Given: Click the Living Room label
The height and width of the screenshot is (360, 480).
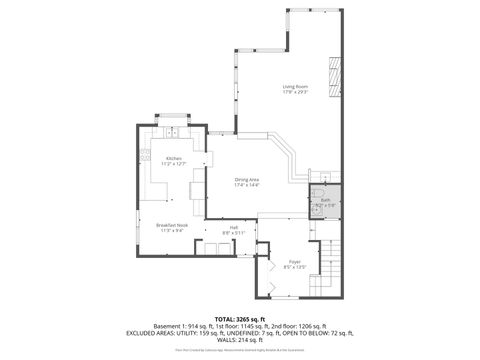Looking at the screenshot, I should click(294, 87).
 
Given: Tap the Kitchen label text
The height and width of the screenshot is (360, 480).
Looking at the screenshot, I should click(174, 159).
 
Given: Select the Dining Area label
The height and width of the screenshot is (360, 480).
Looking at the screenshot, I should click(247, 179).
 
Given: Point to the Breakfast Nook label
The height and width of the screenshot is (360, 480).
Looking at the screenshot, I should click(172, 225).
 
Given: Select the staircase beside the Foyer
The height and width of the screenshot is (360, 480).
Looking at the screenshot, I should click(333, 266).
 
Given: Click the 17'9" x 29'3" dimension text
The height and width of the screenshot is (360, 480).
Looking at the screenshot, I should click(294, 93).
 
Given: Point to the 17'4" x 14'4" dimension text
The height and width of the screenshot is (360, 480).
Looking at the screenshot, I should click(247, 185).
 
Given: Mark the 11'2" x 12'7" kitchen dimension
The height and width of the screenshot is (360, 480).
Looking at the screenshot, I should click(174, 165).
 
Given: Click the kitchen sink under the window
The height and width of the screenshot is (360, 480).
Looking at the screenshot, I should click(172, 131).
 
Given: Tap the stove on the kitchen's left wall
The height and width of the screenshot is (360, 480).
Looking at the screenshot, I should click(146, 155).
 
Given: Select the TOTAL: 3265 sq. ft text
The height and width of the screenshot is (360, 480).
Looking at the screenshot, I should click(239, 318).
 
